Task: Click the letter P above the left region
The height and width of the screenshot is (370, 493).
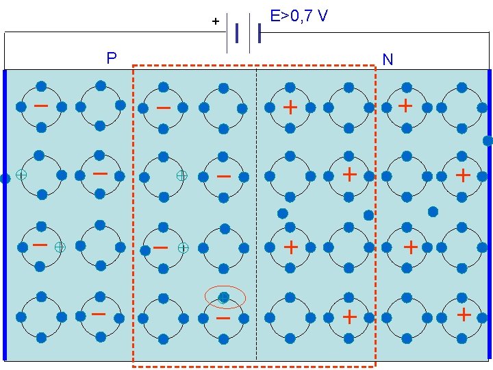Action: click(x=112, y=58)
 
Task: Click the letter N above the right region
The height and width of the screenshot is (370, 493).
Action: click(x=388, y=60)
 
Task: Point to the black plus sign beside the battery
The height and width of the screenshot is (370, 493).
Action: click(x=215, y=22)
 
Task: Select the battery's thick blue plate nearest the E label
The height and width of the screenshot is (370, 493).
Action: click(x=260, y=32)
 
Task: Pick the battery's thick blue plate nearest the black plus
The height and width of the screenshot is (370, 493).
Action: click(x=236, y=32)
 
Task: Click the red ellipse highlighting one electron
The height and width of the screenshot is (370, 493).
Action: click(x=225, y=297)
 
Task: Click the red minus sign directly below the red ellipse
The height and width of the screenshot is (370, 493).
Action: click(x=223, y=319)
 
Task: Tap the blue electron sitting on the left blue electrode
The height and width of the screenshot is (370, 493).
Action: click(x=5, y=178)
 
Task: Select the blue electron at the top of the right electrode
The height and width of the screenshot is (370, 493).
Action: click(x=488, y=141)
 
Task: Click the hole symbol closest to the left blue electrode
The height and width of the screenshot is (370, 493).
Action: click(x=21, y=175)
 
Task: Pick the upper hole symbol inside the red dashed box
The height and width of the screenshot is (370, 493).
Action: click(x=181, y=175)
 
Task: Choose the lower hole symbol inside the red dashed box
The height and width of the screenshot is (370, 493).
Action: click(x=183, y=247)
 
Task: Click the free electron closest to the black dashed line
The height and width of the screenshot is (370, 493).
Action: click(x=282, y=213)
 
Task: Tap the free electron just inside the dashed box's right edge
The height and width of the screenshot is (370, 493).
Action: click(x=368, y=215)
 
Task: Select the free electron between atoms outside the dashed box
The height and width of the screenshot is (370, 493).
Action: click(x=433, y=211)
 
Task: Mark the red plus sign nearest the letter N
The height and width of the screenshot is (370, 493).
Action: click(x=405, y=106)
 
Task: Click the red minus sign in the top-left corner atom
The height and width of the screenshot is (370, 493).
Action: click(x=41, y=106)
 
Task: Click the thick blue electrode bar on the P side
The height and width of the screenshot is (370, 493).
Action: click(x=5, y=274)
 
